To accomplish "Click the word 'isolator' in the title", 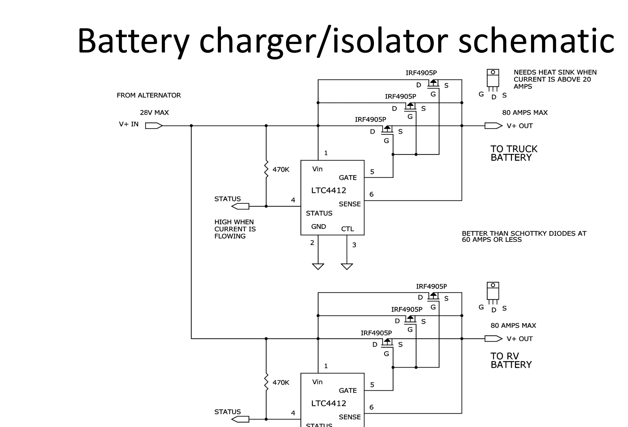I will tap(390, 41).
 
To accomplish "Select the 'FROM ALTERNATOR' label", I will tap(149, 95).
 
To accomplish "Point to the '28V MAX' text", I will tap(154, 113).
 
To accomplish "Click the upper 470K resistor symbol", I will tap(266, 169).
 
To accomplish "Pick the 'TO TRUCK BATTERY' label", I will tap(514, 153).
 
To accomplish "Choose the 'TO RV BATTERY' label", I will tap(511, 360).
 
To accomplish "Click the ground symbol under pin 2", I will tap(318, 266).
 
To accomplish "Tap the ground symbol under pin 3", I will tap(347, 266).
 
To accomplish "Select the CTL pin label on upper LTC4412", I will tap(348, 229).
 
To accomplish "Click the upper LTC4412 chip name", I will tap(329, 190).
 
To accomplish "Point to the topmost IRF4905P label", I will tap(421, 73).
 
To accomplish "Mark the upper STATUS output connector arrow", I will tap(240, 206).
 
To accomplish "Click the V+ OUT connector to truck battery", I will tap(493, 126).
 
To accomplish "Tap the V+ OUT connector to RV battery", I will tap(493, 339).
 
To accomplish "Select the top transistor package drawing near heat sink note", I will tap(493, 79).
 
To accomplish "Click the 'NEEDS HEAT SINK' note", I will tap(555, 79).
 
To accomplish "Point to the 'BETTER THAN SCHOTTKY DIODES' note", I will tap(524, 236).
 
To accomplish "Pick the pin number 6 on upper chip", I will tap(371, 194).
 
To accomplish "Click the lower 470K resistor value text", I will tap(281, 382).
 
